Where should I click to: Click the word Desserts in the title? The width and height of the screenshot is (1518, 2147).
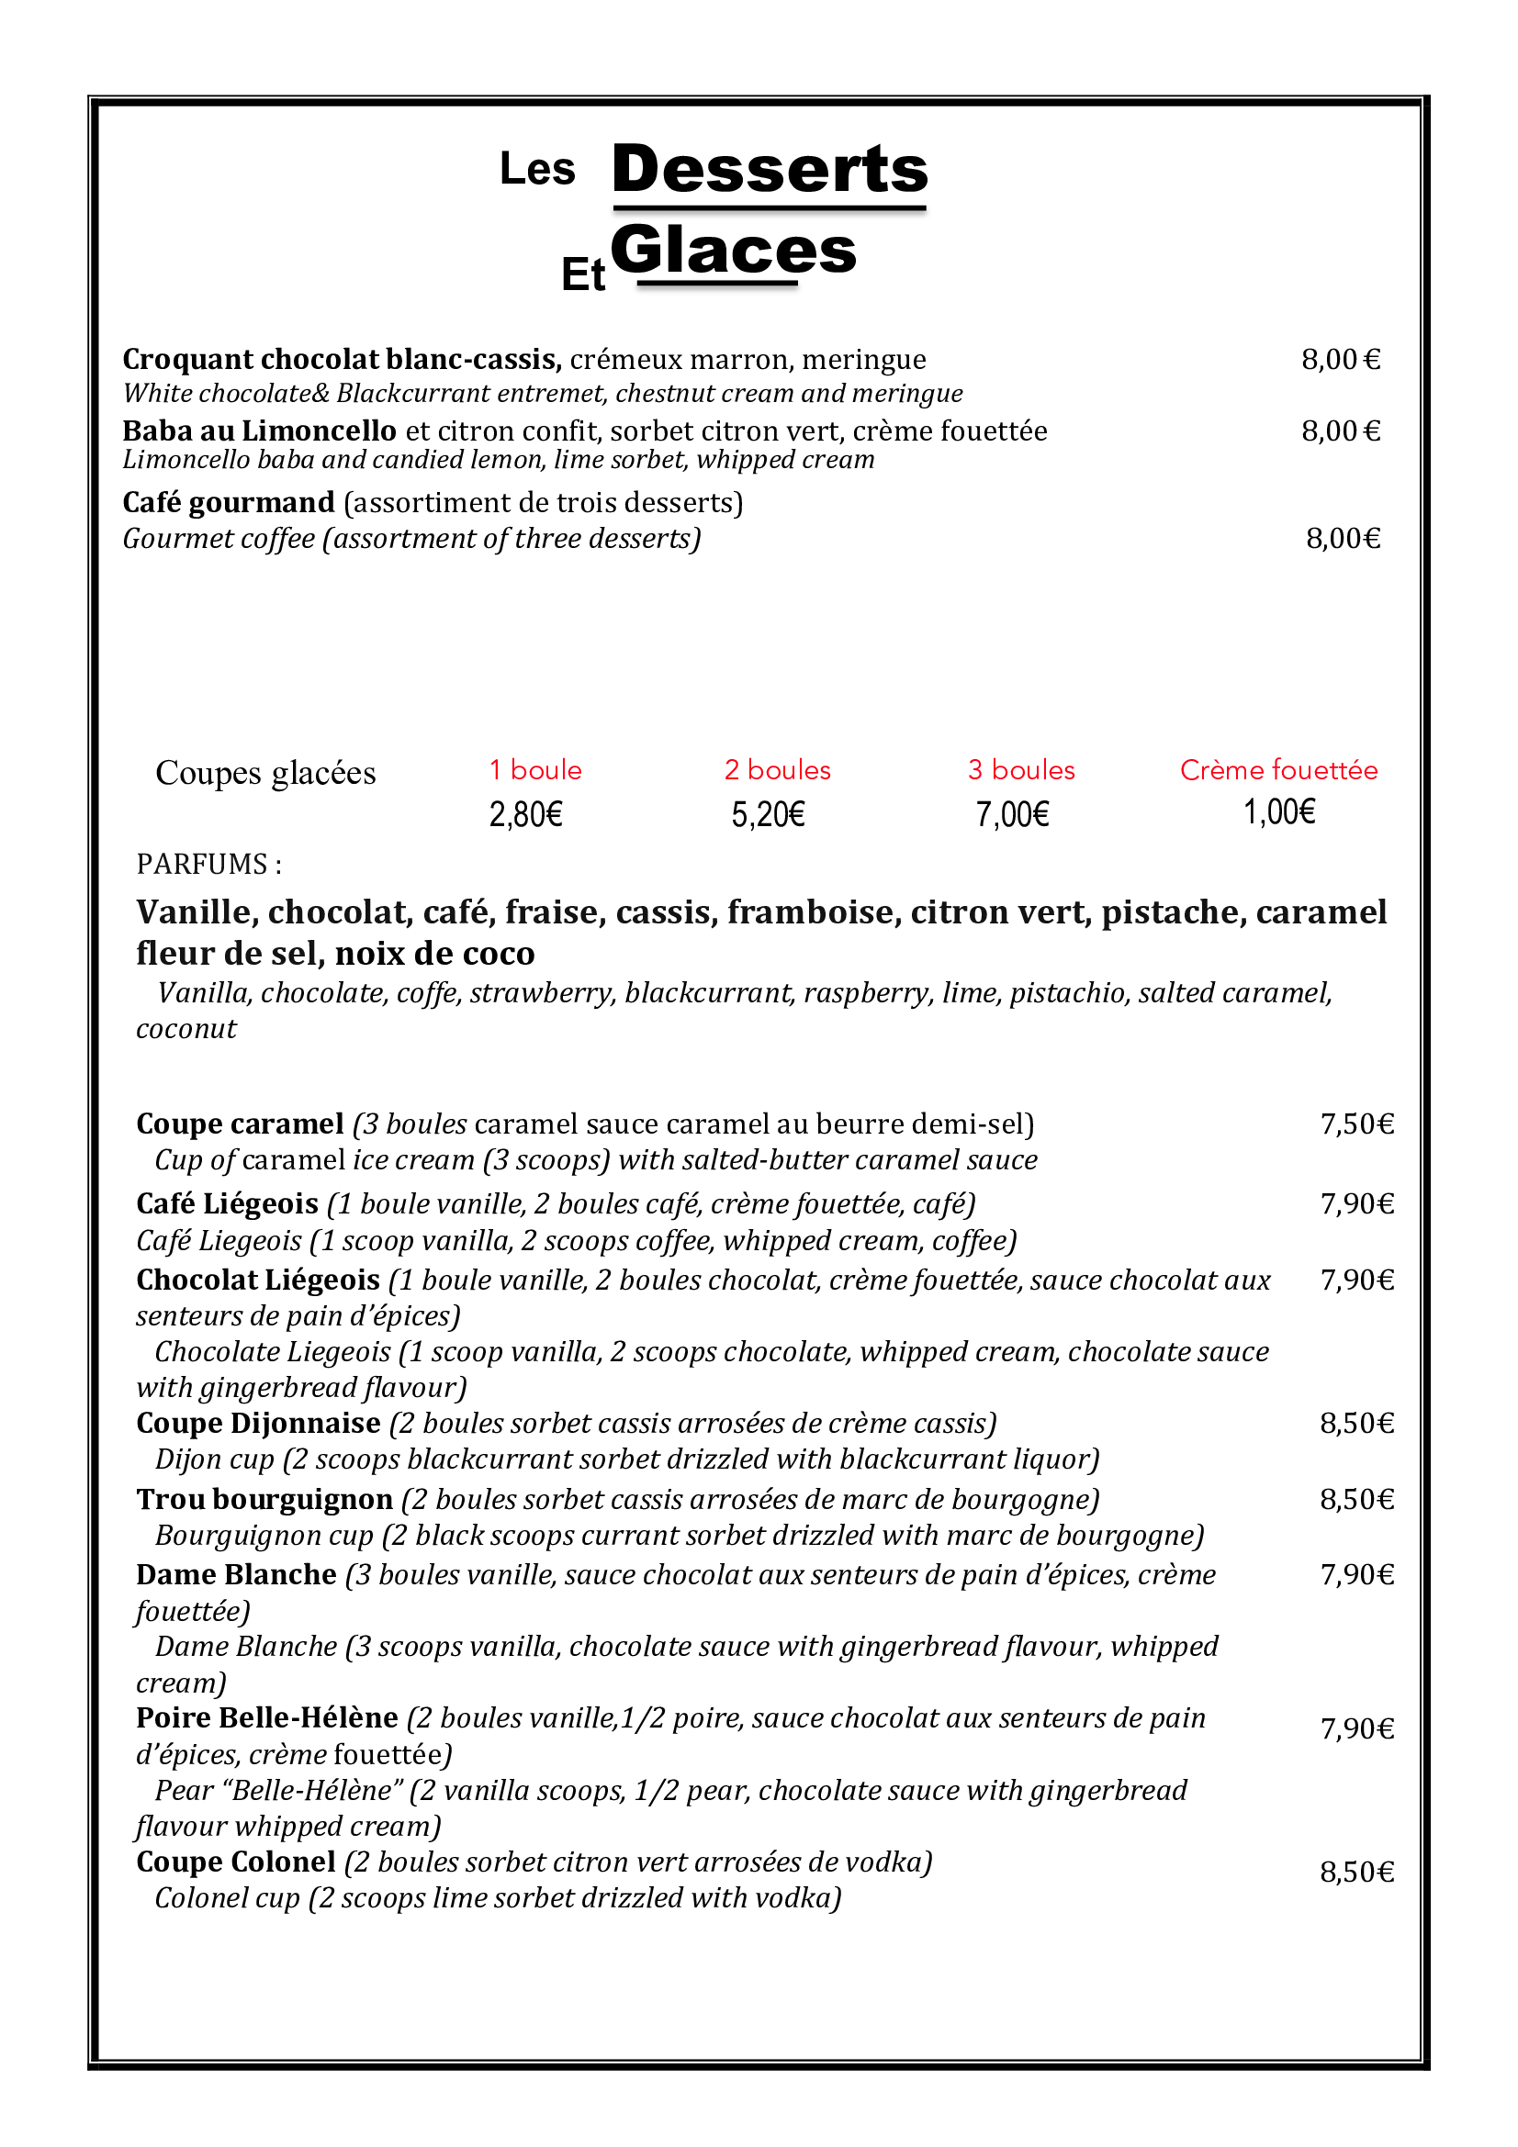pyautogui.click(x=769, y=169)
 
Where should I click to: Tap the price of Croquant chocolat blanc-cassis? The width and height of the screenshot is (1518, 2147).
pyautogui.click(x=1340, y=359)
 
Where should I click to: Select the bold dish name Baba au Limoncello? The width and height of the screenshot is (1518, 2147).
pyautogui.click(x=259, y=431)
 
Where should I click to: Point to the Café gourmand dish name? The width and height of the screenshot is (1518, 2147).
pyautogui.click(x=229, y=503)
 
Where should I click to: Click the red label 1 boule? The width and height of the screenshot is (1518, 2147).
pyautogui.click(x=535, y=769)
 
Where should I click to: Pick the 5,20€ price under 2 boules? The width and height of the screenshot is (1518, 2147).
pyautogui.click(x=768, y=814)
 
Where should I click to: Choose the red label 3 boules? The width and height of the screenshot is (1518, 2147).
pyautogui.click(x=1021, y=769)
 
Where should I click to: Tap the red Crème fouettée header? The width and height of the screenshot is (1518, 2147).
pyautogui.click(x=1278, y=769)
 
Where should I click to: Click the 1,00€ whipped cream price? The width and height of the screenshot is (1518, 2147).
pyautogui.click(x=1278, y=811)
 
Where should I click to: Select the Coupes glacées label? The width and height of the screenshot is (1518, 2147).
pyautogui.click(x=265, y=773)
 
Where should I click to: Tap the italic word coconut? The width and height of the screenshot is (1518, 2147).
pyautogui.click(x=186, y=1029)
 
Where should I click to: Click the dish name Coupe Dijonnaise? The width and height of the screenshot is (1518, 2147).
pyautogui.click(x=258, y=1424)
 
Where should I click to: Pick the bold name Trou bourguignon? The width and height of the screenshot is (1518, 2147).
pyautogui.click(x=264, y=1499)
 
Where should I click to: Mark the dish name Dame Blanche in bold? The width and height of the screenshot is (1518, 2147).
pyautogui.click(x=236, y=1575)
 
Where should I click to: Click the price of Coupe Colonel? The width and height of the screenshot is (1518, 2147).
pyautogui.click(x=1357, y=1872)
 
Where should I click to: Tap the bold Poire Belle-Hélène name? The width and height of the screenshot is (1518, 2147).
pyautogui.click(x=267, y=1717)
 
